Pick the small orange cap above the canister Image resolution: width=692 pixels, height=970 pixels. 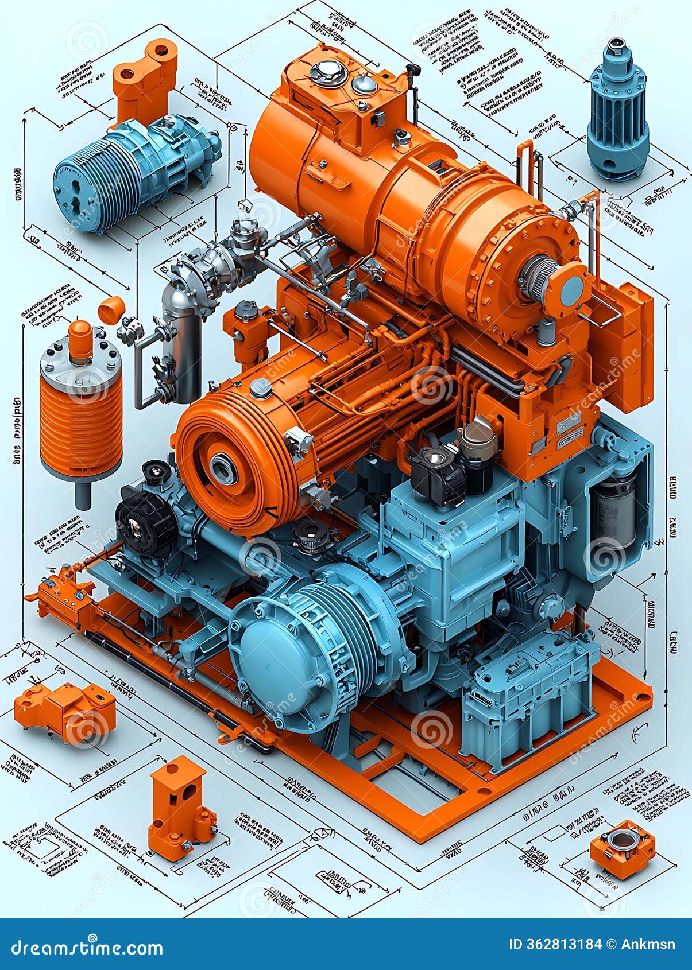(x=111, y=310)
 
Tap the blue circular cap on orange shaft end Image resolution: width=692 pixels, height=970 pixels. (x=571, y=291)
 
